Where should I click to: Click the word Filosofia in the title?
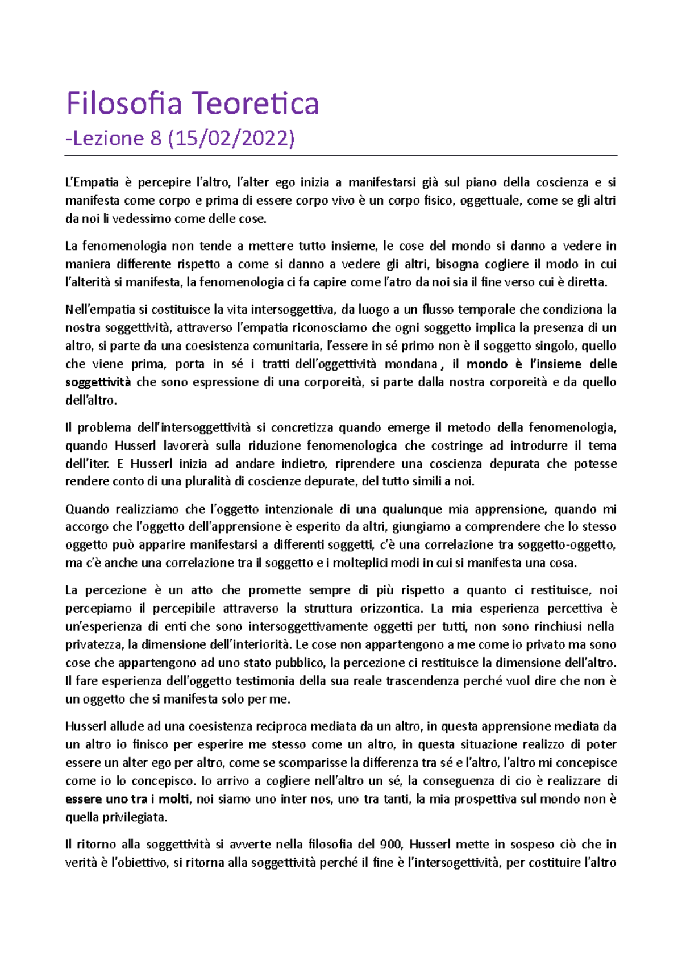point(123,103)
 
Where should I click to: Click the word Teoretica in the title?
point(254,103)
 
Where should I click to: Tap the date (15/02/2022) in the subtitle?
point(231,138)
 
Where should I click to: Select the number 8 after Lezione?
point(156,138)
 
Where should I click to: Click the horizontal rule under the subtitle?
point(341,155)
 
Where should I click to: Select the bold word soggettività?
point(98,382)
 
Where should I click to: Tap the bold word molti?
point(173,799)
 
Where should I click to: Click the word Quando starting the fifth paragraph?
point(86,509)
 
